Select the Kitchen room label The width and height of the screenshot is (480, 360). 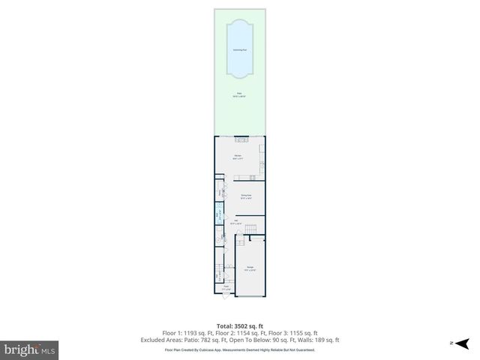coord(237,157)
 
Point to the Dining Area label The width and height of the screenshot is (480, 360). coord(245,196)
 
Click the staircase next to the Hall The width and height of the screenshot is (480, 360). coord(253,227)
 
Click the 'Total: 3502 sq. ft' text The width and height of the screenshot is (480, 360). coord(240,326)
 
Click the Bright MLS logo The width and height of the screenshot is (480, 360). coord(30,349)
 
